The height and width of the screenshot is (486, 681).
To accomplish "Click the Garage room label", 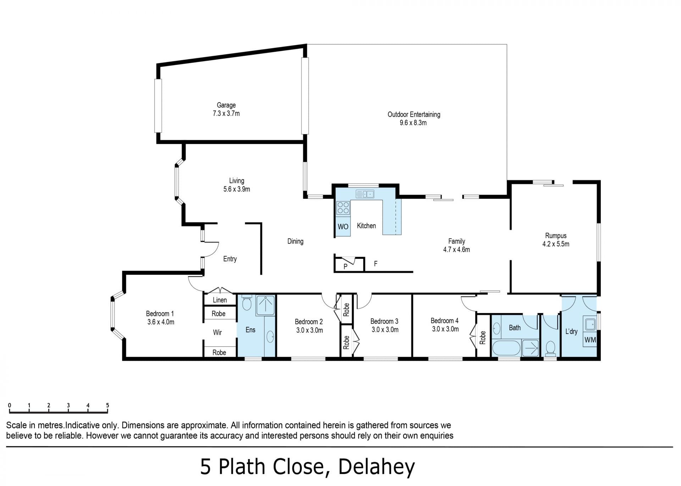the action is (226, 105).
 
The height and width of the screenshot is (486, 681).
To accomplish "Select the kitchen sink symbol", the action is (365, 194).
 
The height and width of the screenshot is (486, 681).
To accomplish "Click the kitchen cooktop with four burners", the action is (343, 208).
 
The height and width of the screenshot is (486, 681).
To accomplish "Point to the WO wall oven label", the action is (343, 227).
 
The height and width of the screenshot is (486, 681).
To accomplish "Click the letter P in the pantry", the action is (345, 267).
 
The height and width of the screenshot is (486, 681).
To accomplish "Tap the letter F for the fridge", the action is (376, 264).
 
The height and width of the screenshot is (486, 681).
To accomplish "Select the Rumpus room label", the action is (556, 236).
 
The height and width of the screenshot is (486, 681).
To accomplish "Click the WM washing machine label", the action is (590, 340).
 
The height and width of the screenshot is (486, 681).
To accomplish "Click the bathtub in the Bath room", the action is (506, 348).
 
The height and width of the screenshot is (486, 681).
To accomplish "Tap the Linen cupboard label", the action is (220, 300).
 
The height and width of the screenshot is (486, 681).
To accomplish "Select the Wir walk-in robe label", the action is (217, 333).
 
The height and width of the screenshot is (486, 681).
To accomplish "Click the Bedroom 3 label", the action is (384, 322).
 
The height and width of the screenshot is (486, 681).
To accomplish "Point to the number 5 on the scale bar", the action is (107, 405).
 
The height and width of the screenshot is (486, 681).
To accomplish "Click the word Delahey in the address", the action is (376, 467).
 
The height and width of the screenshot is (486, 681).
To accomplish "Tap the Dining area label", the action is (295, 241).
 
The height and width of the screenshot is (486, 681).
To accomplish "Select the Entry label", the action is (230, 259).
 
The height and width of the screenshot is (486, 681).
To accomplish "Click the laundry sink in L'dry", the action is (590, 324).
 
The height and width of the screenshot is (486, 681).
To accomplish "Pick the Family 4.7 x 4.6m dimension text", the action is (456, 250).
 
